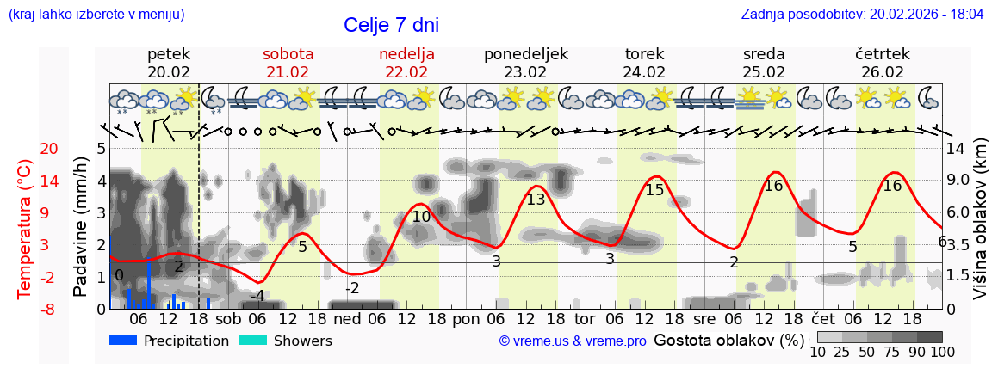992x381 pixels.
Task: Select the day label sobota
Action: pos(288,54)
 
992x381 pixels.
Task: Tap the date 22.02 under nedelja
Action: pos(406,72)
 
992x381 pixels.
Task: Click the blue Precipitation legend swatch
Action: pos(123,341)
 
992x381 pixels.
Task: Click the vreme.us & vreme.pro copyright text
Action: pos(573,341)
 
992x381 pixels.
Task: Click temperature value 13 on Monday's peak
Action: pos(536,200)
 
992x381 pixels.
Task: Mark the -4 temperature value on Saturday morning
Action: pos(257,296)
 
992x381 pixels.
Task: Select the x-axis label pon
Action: pos(466,318)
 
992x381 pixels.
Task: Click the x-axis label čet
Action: pos(834,318)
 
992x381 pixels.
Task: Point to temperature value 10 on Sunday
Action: pos(421,217)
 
